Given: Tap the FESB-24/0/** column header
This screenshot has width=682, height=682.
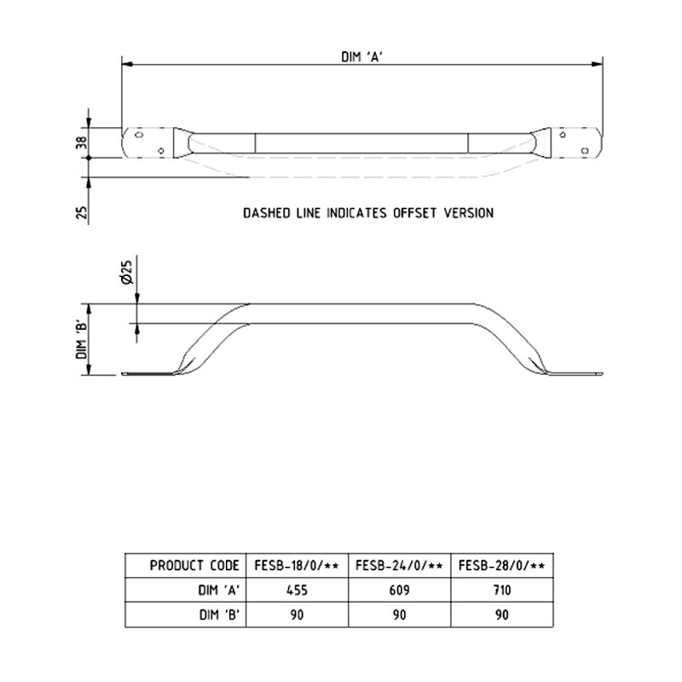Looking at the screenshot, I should tap(399, 565).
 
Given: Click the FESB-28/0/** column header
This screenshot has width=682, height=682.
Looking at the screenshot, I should tap(501, 565).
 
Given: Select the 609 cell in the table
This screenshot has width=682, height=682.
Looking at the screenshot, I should tap(399, 590).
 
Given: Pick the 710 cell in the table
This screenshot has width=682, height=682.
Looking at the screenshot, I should tap(501, 590).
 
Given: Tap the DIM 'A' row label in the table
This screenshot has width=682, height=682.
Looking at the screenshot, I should tap(220, 590).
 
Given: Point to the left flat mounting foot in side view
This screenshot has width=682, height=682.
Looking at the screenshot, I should tap(147, 373).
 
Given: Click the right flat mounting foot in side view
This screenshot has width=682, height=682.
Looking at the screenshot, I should tap(578, 373).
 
